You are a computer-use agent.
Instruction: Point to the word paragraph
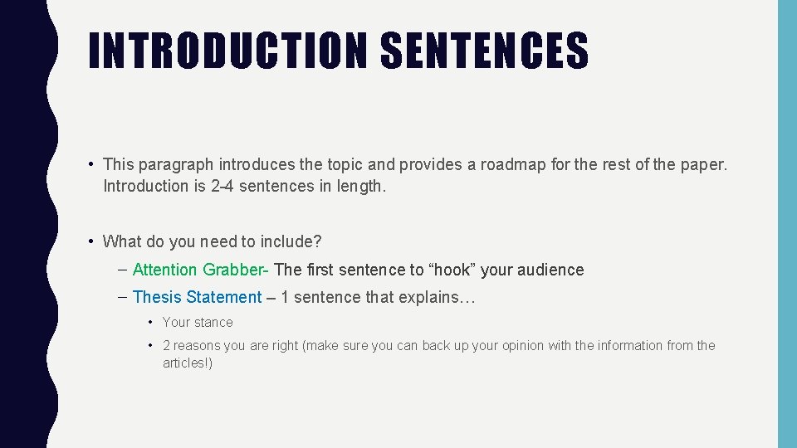point(175,165)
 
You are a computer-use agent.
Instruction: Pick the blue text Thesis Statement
point(197,297)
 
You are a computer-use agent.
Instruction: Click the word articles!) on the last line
point(188,363)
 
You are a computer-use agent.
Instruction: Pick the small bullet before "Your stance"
point(150,322)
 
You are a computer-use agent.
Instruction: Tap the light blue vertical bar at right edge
point(787,224)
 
